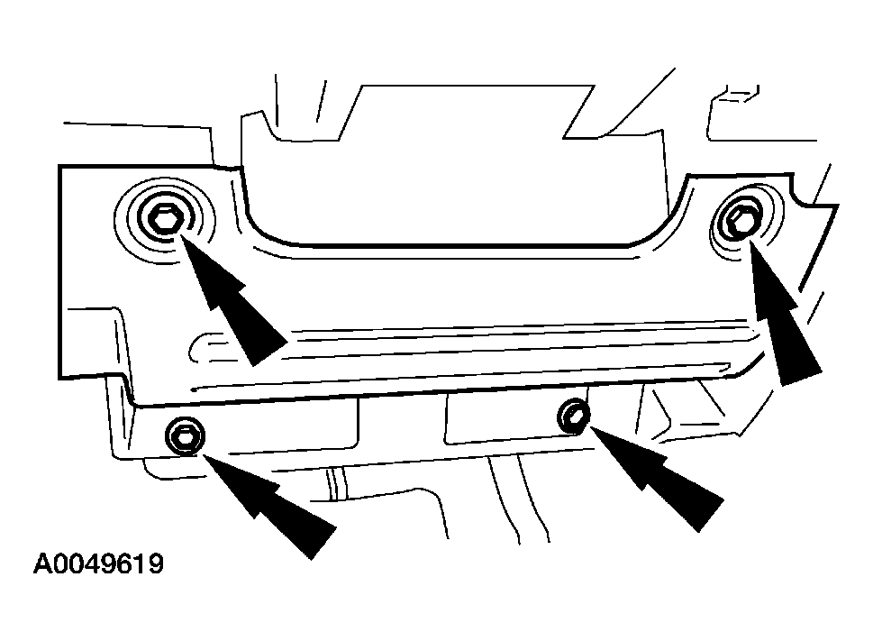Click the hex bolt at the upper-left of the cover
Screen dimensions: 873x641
pos(164,218)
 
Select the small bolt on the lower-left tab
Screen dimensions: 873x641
pos(185,435)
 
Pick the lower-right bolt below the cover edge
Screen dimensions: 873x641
pos(574,416)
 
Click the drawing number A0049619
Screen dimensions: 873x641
pos(98,563)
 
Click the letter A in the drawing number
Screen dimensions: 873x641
pos(42,563)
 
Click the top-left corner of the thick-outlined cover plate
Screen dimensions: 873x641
pos(59,166)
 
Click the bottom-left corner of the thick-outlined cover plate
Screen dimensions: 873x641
pos(59,379)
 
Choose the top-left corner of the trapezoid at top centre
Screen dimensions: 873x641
pos(363,87)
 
